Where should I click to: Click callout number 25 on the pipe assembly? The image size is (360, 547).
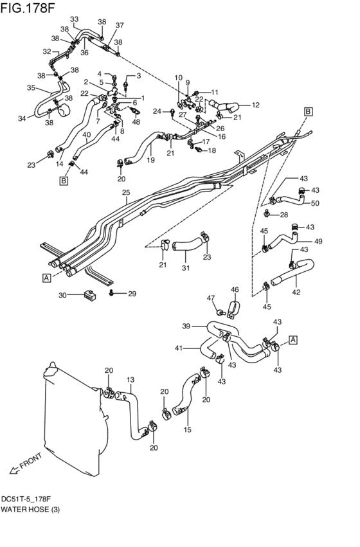[125, 192]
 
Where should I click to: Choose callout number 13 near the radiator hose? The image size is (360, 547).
[130, 380]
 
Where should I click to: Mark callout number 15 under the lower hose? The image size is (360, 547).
[188, 429]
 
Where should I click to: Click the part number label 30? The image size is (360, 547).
[62, 296]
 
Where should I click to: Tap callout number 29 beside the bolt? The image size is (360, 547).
[132, 294]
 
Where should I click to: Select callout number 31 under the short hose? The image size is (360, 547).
[186, 268]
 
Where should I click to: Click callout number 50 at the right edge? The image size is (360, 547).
[316, 204]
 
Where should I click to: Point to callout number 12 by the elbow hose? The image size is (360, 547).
[255, 105]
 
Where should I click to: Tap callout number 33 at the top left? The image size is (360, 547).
[75, 19]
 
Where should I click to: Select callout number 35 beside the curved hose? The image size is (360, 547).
[31, 88]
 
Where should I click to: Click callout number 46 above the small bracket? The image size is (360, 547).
[235, 290]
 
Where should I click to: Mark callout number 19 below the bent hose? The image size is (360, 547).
[150, 160]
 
